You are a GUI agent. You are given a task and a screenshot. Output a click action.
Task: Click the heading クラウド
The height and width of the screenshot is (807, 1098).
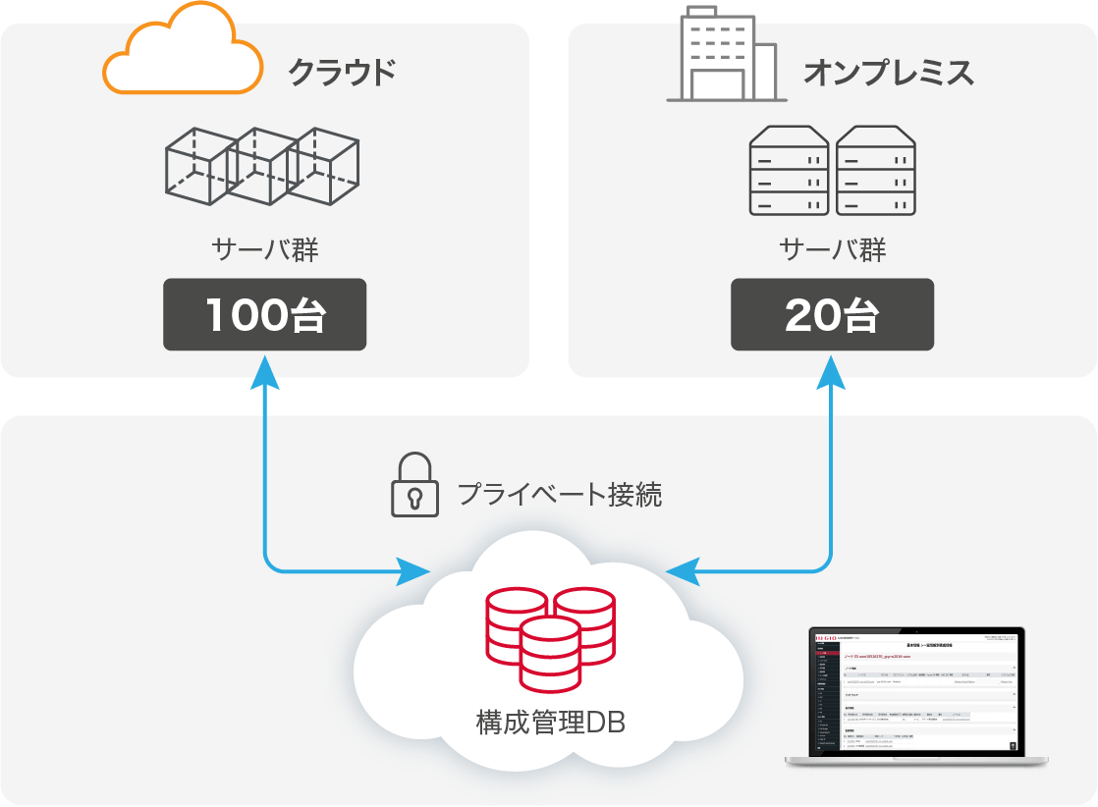coord(343,72)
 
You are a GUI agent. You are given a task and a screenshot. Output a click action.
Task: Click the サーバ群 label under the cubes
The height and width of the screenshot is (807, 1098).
coord(265,249)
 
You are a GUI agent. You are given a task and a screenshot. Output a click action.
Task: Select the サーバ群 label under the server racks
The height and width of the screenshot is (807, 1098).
coord(832,249)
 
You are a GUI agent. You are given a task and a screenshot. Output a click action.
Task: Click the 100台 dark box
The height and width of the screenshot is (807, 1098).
coord(265,314)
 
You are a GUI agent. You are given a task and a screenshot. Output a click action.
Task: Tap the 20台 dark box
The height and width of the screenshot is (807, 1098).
coord(832,314)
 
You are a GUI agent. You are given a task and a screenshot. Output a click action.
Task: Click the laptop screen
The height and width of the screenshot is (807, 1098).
coord(915,691)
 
